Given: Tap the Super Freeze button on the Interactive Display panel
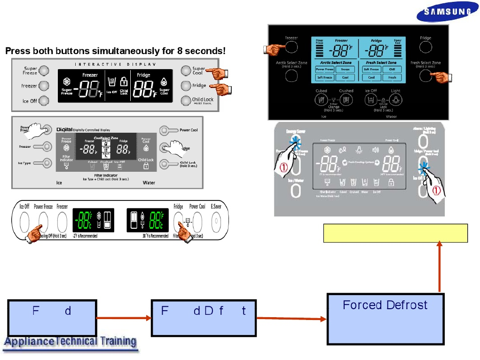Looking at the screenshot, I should pyautogui.click(x=44, y=71).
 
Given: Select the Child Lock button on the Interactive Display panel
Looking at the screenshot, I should pyautogui.click(x=185, y=100).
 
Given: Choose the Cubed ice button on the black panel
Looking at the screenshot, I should pyautogui.click(x=321, y=100).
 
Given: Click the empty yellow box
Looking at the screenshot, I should pyautogui.click(x=395, y=233).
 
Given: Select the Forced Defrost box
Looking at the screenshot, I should pyautogui.click(x=385, y=319).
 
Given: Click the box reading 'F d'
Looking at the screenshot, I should pyautogui.click(x=52, y=318).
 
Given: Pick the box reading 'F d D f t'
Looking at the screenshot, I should pyautogui.click(x=204, y=318).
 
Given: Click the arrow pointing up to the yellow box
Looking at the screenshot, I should pyautogui.click(x=440, y=266).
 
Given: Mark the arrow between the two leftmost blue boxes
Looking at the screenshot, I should pyautogui.click(x=124, y=318).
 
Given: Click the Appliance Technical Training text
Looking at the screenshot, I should pyautogui.click(x=70, y=342).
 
